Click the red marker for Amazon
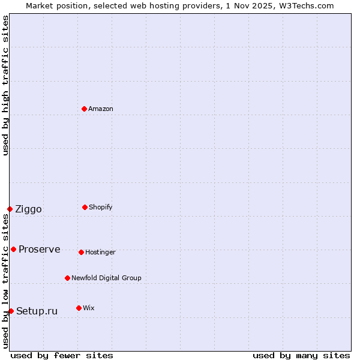84,109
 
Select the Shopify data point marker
85,207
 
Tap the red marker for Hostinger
81,252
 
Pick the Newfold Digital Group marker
67,278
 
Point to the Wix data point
79,308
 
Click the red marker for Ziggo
10,209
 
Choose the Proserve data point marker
13,249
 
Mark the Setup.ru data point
11,311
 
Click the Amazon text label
101,109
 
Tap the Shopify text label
101,207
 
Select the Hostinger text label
100,252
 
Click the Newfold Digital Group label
106,278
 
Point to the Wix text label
89,308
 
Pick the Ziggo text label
28,209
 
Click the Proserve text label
39,249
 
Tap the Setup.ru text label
37,311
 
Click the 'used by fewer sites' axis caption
62,355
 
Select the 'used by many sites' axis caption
301,355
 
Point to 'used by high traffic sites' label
5,85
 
